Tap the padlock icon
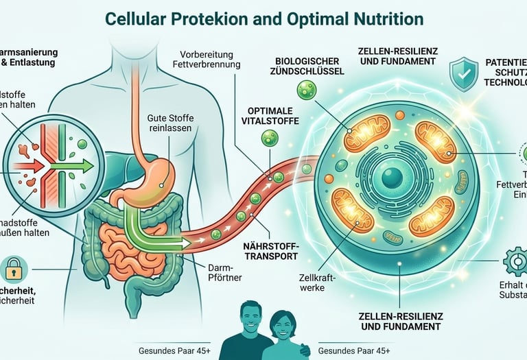pyautogui.click(x=14, y=269)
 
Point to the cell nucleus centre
pyautogui.click(x=393, y=178)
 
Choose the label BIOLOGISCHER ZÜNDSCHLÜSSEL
pyautogui.click(x=305, y=66)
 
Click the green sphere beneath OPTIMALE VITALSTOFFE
pyautogui.click(x=270, y=139)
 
